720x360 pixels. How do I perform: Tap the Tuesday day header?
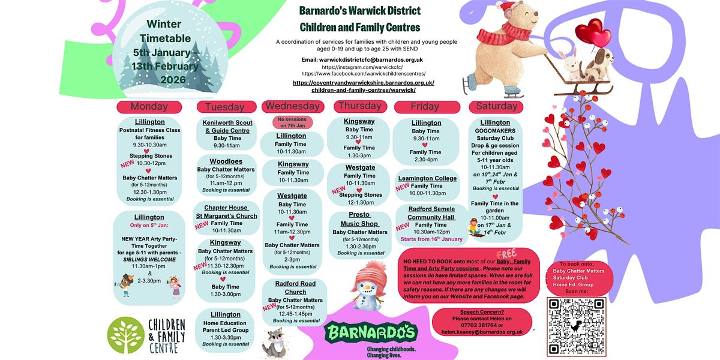[x=224, y=107]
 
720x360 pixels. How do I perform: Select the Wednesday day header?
[x=292, y=106]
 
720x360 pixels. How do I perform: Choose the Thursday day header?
[x=360, y=106]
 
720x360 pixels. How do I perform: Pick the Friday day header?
[x=425, y=106]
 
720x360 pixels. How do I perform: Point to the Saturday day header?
[x=496, y=106]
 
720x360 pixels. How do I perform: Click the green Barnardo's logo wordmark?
[x=370, y=331]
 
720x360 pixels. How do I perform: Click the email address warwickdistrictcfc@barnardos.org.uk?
[x=362, y=59]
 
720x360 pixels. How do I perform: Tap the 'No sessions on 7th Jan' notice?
[x=292, y=123]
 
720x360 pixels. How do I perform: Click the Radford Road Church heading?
[x=295, y=288]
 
